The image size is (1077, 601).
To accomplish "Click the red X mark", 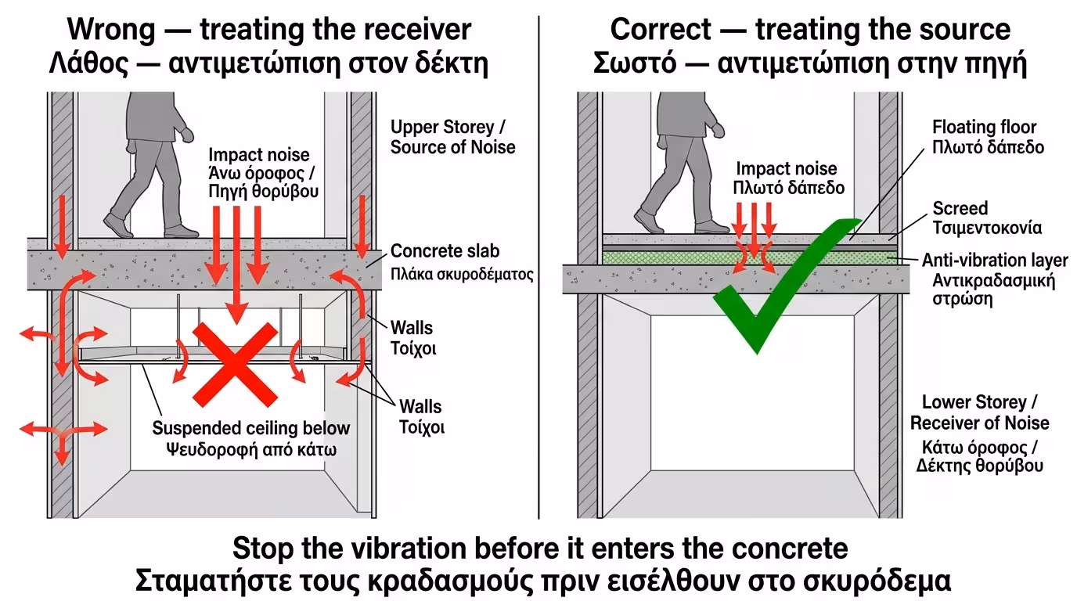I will coord(234,361).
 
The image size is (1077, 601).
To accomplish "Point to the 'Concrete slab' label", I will coord(445,251).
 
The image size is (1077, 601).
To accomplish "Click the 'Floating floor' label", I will coord(984,127).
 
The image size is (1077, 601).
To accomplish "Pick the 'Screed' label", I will coord(960,208).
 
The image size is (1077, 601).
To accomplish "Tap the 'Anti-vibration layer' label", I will coord(994,261).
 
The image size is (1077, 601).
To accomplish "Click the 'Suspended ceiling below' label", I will coord(250,428).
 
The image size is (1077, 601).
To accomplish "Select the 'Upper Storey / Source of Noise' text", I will coord(452,136).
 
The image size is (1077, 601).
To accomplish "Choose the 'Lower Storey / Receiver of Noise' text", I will coord(979,412).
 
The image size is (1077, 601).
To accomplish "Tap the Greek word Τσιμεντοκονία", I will coord(987,228).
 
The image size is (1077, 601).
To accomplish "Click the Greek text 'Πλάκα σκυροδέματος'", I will coord(462,274).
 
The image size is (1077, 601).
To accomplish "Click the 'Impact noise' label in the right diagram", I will coord(786,168).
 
